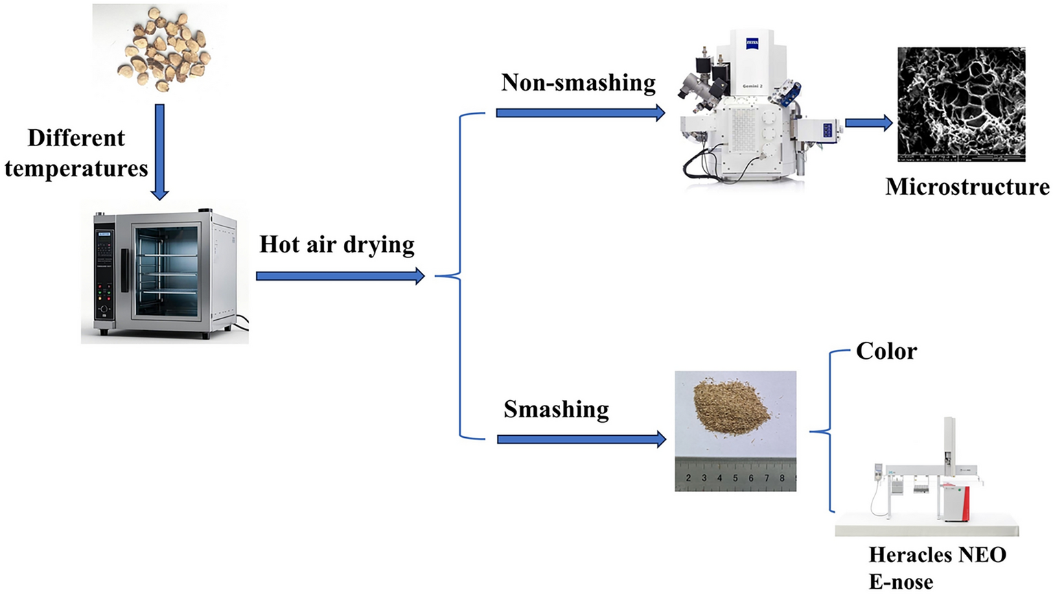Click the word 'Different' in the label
point(76,138)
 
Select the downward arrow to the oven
point(159,151)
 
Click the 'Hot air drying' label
point(337,244)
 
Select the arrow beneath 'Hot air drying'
point(340,276)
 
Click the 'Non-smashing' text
point(578,82)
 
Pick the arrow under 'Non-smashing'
point(581,113)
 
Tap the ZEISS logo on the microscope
point(752,44)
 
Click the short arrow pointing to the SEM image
point(868,123)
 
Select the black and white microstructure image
point(961,104)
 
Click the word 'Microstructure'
point(967,187)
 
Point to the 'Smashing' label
point(556,409)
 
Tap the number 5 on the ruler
point(735,478)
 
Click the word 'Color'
point(886,351)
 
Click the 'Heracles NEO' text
point(937,555)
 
